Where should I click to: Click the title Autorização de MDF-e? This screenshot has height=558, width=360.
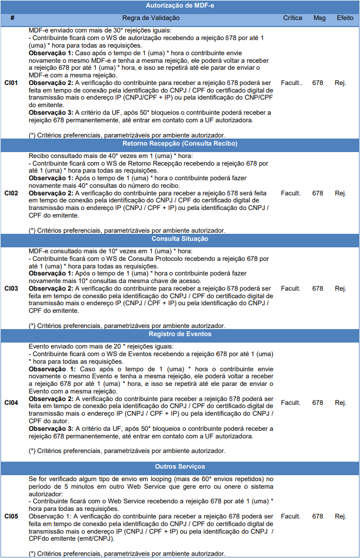click(x=180, y=5)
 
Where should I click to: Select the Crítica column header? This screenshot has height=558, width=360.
click(x=292, y=18)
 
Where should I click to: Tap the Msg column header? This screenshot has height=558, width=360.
click(x=319, y=18)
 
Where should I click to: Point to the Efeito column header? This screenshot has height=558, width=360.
click(x=345, y=18)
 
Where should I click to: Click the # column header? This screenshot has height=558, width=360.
click(x=12, y=18)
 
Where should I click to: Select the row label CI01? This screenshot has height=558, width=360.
click(x=11, y=83)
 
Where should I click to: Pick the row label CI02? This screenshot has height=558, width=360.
click(x=11, y=193)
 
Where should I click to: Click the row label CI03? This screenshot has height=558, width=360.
click(x=11, y=288)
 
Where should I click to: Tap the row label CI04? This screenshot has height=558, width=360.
click(x=11, y=403)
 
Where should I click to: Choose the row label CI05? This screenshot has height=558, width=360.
click(x=11, y=517)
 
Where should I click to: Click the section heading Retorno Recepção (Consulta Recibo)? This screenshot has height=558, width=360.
click(x=180, y=144)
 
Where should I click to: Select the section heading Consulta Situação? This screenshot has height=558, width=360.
click(x=180, y=239)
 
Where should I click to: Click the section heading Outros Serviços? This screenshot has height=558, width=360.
click(x=180, y=467)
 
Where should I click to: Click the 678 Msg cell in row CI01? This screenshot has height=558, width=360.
click(x=318, y=83)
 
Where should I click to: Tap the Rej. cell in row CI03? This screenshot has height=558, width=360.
click(x=341, y=288)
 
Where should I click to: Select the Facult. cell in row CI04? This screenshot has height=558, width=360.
click(x=291, y=403)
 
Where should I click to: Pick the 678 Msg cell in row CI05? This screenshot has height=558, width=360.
click(x=318, y=517)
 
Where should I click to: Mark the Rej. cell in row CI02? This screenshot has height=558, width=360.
click(x=341, y=193)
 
